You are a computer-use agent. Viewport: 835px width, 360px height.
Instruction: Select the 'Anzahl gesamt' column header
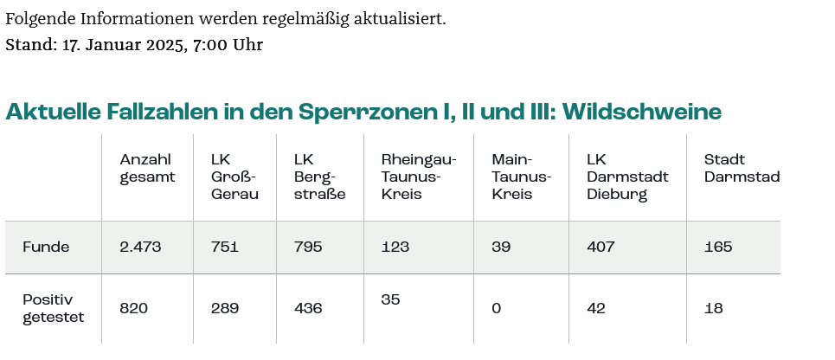click(x=147, y=168)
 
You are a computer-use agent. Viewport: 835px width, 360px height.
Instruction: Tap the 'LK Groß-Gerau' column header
click(x=234, y=177)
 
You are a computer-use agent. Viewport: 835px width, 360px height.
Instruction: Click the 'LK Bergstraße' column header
click(x=319, y=177)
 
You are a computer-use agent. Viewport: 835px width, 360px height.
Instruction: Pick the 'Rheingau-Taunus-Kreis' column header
click(x=418, y=177)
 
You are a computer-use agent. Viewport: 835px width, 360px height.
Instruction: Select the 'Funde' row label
click(x=46, y=247)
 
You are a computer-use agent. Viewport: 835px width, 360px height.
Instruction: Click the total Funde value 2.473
click(x=140, y=247)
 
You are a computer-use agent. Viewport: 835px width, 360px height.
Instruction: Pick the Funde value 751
click(x=225, y=247)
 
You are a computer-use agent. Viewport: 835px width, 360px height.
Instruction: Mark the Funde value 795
click(x=308, y=247)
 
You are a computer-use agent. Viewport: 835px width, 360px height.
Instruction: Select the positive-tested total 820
click(x=134, y=308)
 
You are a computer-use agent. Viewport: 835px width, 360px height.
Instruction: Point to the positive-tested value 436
click(x=308, y=308)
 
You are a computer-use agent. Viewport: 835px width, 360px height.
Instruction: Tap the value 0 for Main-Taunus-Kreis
click(x=496, y=308)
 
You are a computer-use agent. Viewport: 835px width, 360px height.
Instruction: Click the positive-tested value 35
click(x=390, y=299)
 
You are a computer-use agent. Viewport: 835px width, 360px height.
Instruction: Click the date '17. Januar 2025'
click(x=124, y=45)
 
